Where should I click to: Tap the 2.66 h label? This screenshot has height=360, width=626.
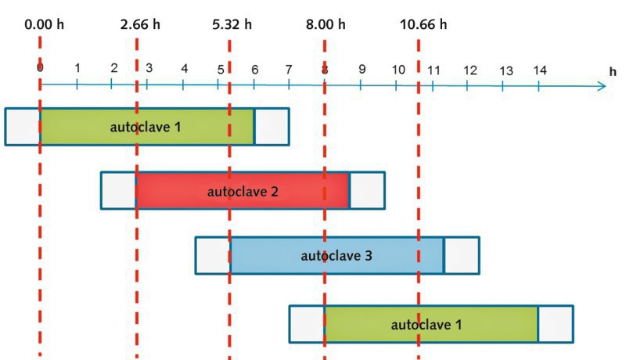[140, 24]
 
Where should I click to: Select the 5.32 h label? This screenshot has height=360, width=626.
[232, 24]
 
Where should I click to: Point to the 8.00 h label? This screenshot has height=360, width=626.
[326, 24]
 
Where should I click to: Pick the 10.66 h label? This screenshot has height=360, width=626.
[423, 24]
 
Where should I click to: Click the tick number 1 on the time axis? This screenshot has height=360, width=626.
[77, 68]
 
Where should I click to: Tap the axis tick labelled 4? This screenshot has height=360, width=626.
[184, 69]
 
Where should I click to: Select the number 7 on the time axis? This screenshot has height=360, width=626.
[290, 69]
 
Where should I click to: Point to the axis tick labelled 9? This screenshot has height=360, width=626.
[362, 69]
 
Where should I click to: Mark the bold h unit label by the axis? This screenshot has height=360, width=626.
[613, 71]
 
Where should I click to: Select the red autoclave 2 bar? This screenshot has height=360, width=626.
[243, 190]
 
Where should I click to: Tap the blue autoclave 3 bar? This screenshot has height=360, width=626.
[336, 255]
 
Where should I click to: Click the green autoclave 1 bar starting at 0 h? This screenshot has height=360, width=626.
[147, 127]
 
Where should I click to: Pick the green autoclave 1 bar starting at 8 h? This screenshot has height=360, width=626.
[431, 323]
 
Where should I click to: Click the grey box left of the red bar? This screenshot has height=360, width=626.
[119, 190]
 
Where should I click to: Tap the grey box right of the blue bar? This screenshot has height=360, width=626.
[462, 255]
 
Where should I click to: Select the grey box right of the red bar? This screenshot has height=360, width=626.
[367, 190]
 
